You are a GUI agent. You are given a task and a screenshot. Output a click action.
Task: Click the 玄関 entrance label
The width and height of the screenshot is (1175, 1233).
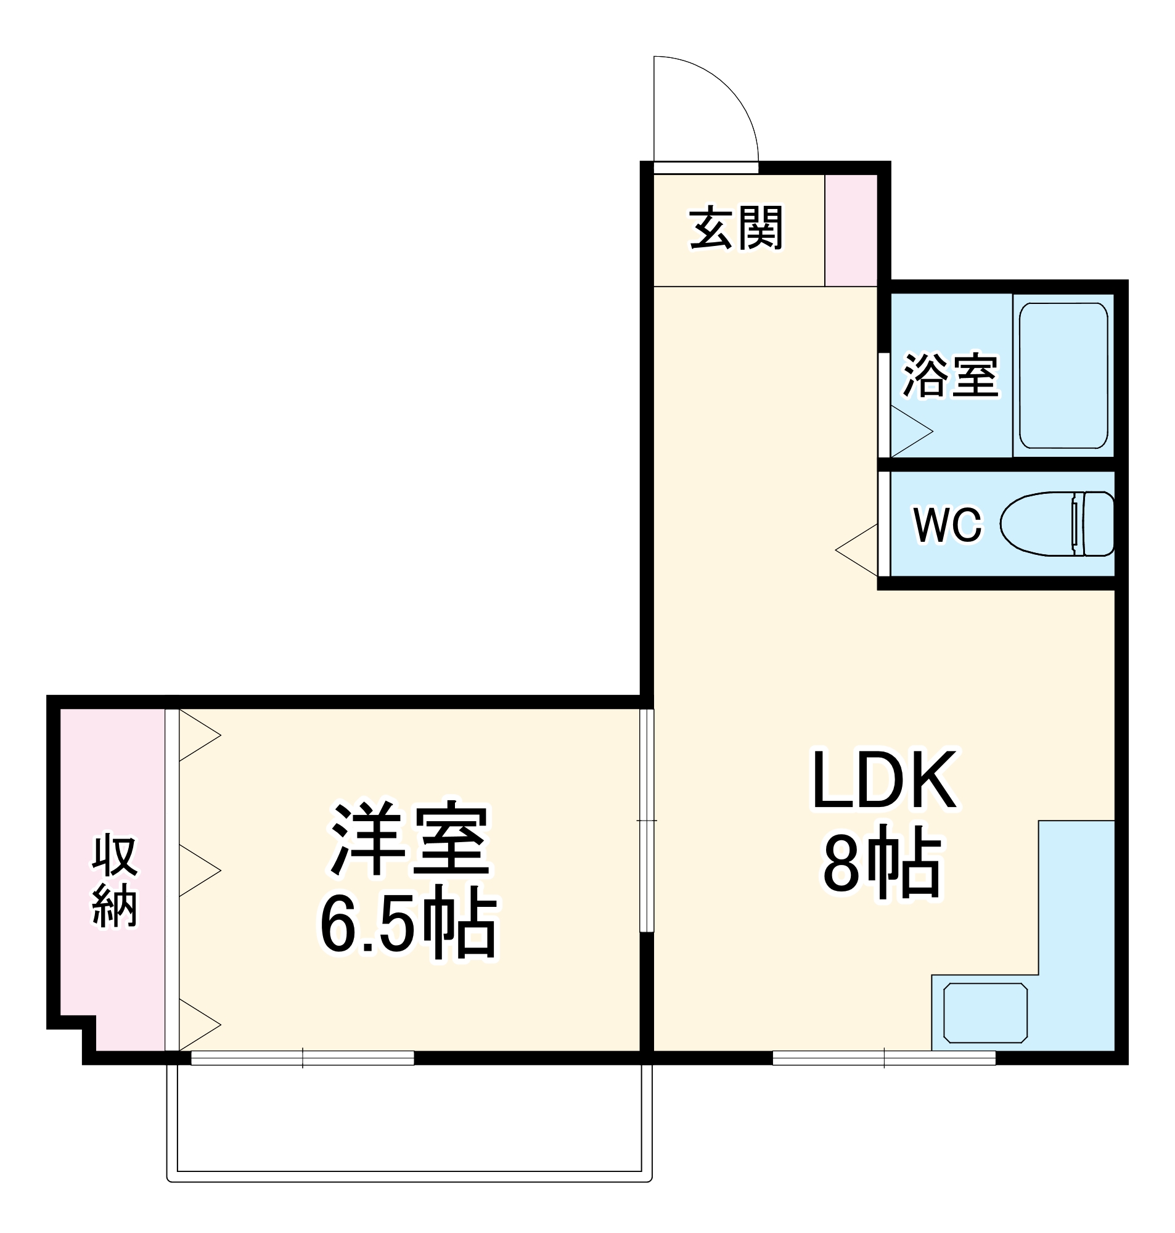click(x=736, y=229)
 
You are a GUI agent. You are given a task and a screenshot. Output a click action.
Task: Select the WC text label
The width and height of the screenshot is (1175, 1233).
click(x=947, y=525)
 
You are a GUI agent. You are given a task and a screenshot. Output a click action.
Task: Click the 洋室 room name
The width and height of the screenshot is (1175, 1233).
click(x=410, y=839)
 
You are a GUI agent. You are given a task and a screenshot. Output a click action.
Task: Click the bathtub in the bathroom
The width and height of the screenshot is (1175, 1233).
click(x=1063, y=375)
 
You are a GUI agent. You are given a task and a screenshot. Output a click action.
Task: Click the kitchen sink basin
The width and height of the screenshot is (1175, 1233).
click(x=985, y=1013)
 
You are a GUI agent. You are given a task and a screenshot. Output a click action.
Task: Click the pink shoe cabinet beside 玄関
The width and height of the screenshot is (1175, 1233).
click(x=851, y=231)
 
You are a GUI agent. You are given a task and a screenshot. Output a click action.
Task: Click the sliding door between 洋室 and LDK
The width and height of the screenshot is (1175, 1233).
click(x=647, y=821)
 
